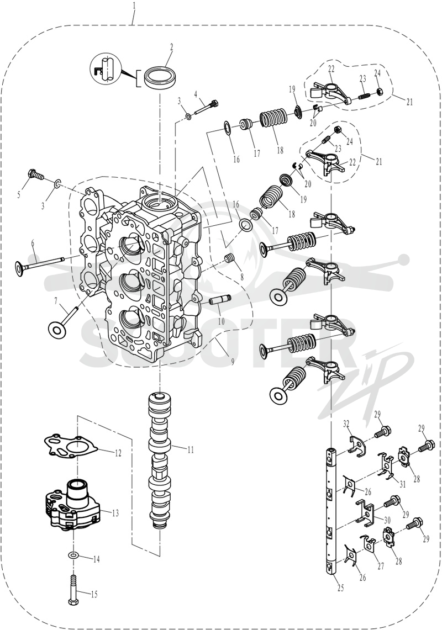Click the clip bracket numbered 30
coord(366,511)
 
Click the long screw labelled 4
coord(206,107)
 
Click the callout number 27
coord(380,566)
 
